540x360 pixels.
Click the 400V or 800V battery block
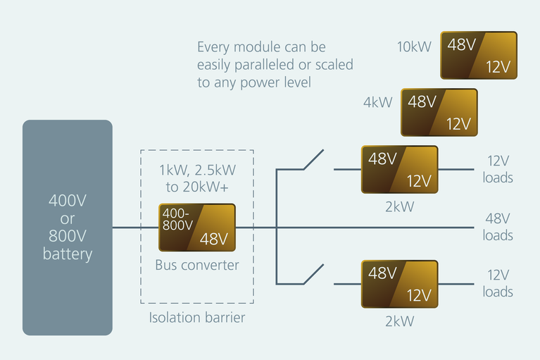pyautogui.click(x=68, y=227)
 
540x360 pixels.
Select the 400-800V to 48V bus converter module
pyautogui.click(x=196, y=228)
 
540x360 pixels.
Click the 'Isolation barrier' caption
pyautogui.click(x=196, y=318)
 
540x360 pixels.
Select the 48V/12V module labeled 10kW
pyautogui.click(x=479, y=55)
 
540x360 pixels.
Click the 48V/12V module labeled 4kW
pyautogui.click(x=439, y=112)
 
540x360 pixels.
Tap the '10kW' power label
pyautogui.click(x=414, y=47)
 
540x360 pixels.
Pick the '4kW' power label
pyautogui.click(x=377, y=103)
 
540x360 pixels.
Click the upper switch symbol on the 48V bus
pyautogui.click(x=313, y=161)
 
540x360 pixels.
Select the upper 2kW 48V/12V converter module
pyautogui.click(x=399, y=169)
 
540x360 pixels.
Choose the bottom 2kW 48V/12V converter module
pyautogui.click(x=399, y=284)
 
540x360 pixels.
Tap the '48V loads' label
pyautogui.click(x=498, y=227)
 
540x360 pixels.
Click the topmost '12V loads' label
pyautogui.click(x=498, y=169)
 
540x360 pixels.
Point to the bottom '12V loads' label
pyautogui.click(x=498, y=283)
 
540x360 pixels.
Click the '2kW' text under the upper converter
pyautogui.click(x=399, y=207)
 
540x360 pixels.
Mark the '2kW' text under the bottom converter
pyautogui.click(x=399, y=321)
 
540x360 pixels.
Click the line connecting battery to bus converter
pyautogui.click(x=135, y=228)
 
